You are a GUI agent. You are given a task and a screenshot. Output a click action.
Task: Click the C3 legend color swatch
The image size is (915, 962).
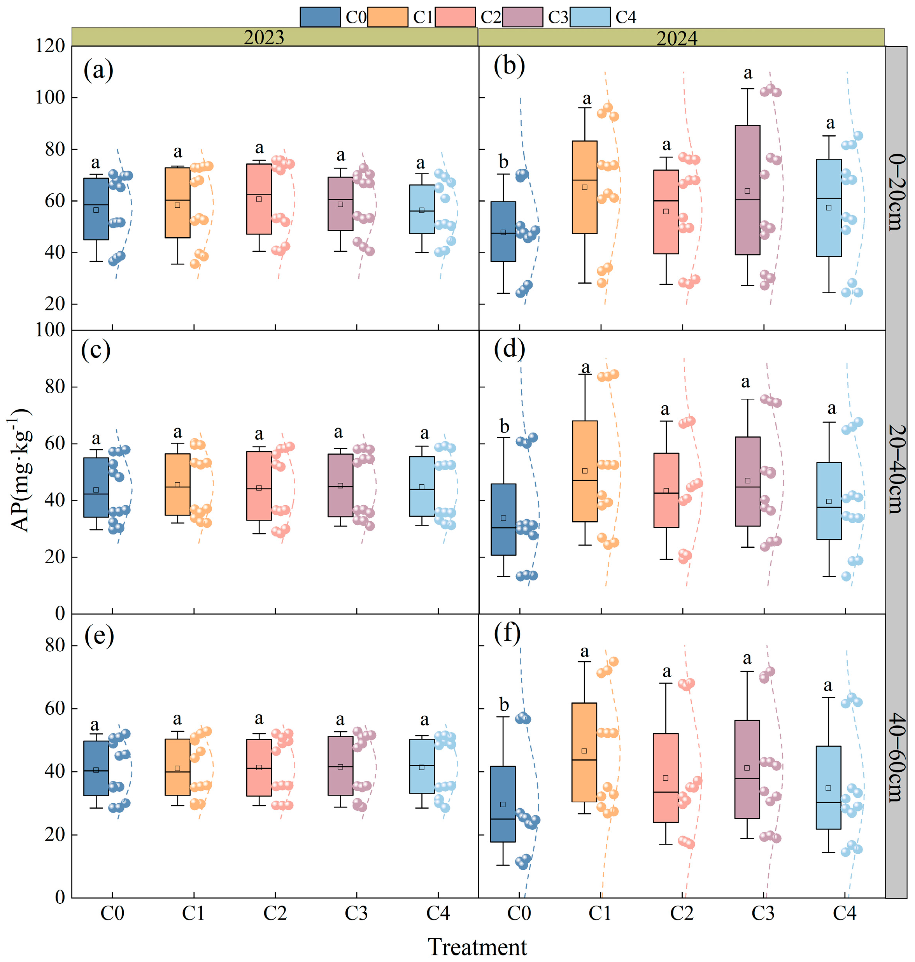[x=522, y=17]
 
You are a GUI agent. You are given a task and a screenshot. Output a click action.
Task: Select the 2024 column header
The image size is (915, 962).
[x=677, y=38]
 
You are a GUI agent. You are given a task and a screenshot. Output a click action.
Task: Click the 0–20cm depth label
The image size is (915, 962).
[x=896, y=192]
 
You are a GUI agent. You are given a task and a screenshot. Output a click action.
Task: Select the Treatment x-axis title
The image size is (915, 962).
[x=477, y=947]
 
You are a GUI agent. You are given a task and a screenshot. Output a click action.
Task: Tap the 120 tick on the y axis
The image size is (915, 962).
[x=50, y=46]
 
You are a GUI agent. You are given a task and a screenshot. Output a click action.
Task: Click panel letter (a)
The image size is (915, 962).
[x=98, y=70]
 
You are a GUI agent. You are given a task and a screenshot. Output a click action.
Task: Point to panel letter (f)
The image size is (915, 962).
[x=507, y=633]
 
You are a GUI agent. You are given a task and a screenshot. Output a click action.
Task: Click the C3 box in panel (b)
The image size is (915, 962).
[x=747, y=190]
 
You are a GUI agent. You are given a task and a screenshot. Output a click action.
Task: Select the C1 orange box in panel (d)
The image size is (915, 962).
[x=585, y=471]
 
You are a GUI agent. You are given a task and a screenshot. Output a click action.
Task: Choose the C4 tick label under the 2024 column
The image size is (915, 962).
[x=845, y=913]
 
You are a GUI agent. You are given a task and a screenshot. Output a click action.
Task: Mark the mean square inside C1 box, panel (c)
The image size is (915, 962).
[x=177, y=485]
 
